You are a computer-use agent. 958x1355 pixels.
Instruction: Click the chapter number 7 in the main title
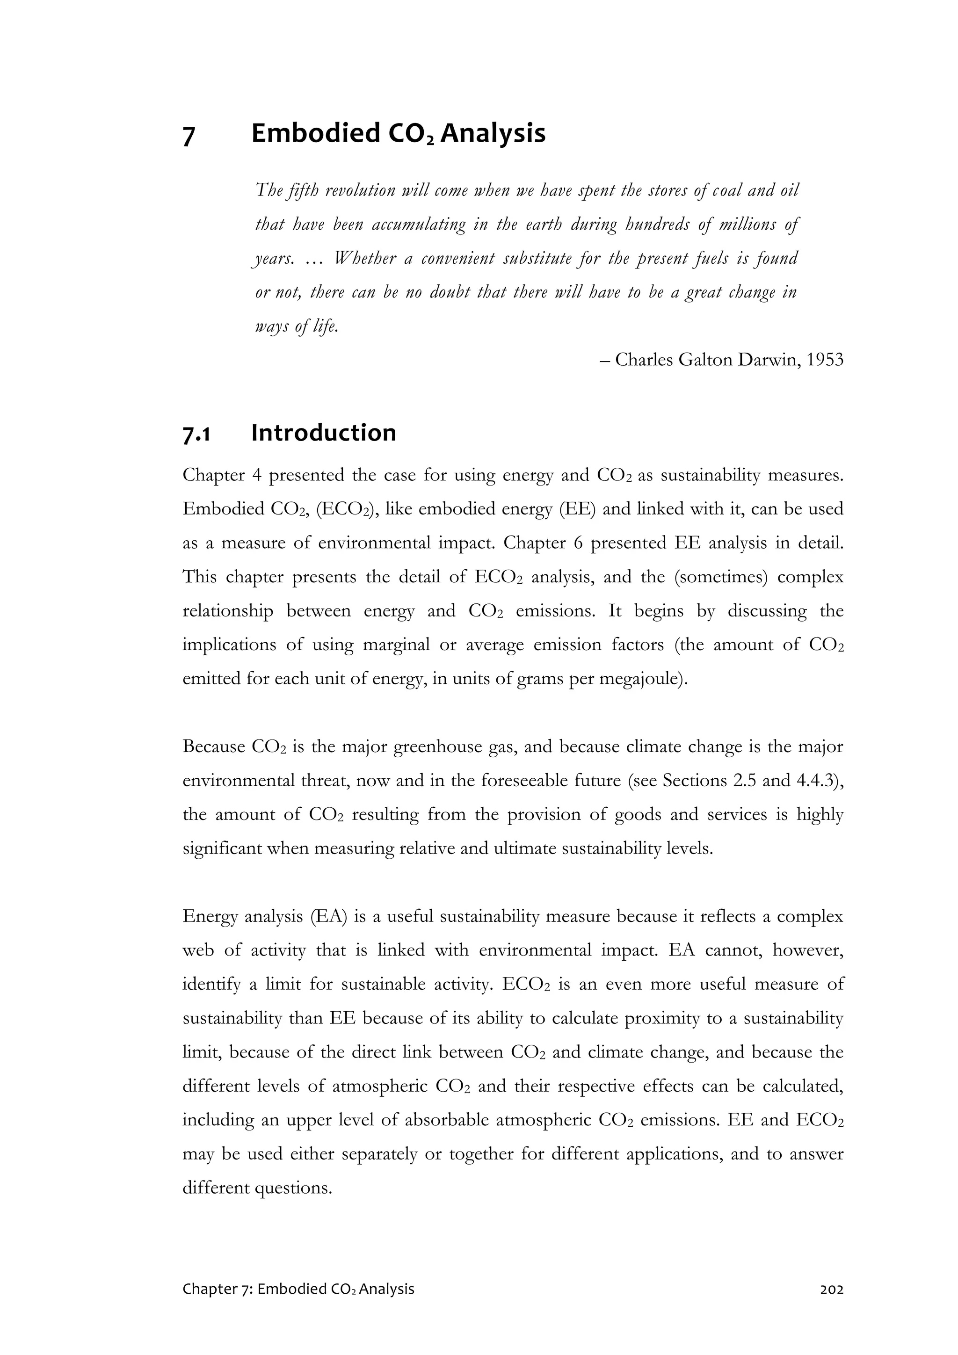click(189, 136)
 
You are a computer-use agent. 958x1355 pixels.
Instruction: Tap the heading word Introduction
click(323, 433)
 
